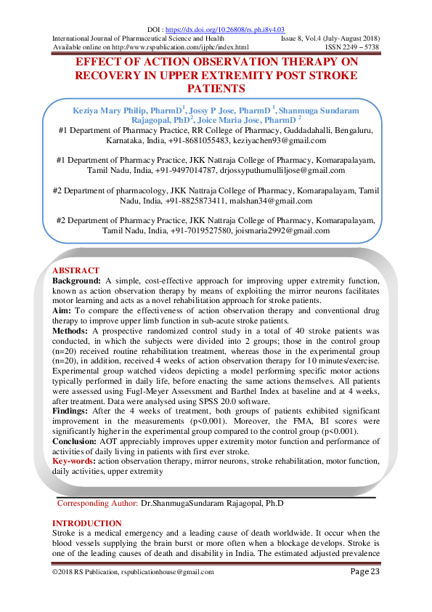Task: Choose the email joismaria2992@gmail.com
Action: [x=282, y=230]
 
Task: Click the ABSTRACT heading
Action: [x=76, y=270]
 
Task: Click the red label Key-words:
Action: [x=74, y=462]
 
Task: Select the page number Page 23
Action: [x=364, y=572]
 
